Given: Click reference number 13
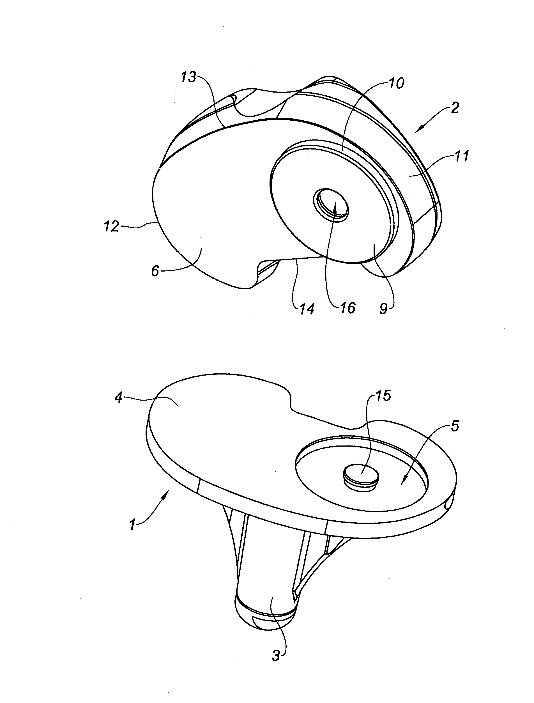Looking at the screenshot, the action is (189, 77).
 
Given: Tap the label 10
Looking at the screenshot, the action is (396, 83).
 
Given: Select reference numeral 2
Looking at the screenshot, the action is (455, 108).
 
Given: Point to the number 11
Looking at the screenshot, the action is (462, 157).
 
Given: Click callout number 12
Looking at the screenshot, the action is (111, 227).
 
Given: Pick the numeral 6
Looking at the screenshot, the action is (155, 272).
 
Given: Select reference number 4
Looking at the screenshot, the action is (119, 398).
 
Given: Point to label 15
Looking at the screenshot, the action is (383, 396).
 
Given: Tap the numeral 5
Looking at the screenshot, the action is (455, 426).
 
